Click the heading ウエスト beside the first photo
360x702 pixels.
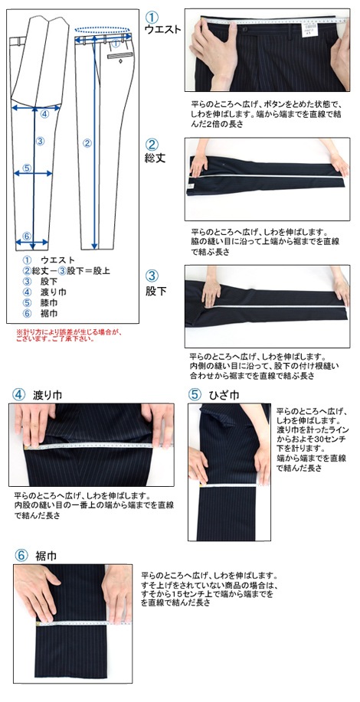tap(162, 30)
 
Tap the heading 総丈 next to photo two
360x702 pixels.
tap(155, 158)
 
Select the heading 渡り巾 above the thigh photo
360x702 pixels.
tap(47, 395)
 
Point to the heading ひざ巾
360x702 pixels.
tap(224, 395)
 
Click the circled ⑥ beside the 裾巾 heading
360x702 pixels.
tap(21, 556)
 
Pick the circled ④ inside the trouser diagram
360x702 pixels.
tap(44, 114)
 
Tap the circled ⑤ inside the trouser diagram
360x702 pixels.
tap(27, 168)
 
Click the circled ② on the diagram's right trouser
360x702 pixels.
tap(88, 143)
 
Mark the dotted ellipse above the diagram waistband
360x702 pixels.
tap(103, 30)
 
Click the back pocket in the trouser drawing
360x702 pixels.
tap(120, 56)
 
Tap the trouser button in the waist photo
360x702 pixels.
tap(245, 29)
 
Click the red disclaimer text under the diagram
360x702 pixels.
tap(69, 336)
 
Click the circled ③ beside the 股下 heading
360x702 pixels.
tap(152, 276)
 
